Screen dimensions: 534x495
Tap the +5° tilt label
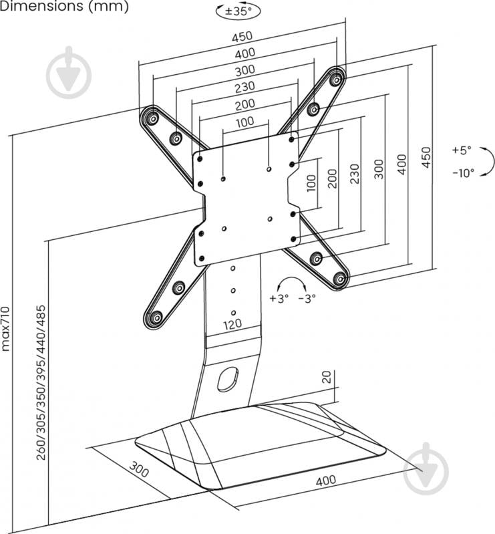click(x=460, y=150)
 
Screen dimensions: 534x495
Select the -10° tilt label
click(x=462, y=172)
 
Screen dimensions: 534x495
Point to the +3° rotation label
click(x=278, y=299)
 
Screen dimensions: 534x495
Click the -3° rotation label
click(x=307, y=299)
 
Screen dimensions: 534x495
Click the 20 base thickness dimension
click(x=327, y=377)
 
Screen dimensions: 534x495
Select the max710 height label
click(x=6, y=328)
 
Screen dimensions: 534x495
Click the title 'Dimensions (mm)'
click(x=64, y=7)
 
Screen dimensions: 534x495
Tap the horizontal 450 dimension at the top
click(x=242, y=37)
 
